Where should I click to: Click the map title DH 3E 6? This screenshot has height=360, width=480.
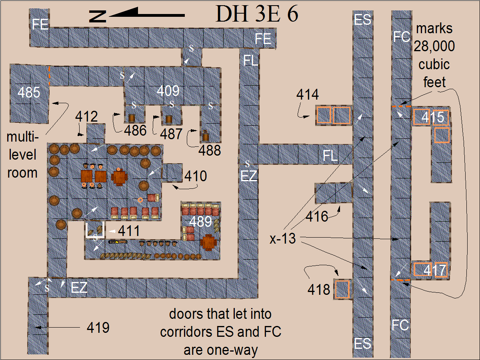(257, 15)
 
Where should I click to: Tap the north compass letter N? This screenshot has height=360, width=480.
(98, 16)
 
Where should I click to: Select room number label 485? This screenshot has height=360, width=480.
(29, 92)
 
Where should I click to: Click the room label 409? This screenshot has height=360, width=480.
(168, 91)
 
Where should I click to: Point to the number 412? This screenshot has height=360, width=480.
(86, 117)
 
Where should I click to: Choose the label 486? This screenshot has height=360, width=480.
(135, 130)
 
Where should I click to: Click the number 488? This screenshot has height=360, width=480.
(210, 150)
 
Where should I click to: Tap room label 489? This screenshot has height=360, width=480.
(200, 221)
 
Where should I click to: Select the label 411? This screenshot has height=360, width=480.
(129, 231)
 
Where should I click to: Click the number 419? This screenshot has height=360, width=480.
(98, 328)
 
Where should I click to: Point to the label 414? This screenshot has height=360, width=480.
(308, 95)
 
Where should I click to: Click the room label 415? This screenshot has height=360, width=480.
(433, 117)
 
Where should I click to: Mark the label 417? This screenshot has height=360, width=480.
(434, 271)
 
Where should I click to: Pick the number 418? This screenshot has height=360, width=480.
(319, 289)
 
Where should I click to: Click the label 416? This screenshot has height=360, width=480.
(317, 217)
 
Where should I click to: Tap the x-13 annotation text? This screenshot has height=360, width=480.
(282, 239)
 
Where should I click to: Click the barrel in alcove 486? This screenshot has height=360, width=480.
(131, 118)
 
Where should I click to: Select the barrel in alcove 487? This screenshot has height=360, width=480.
(169, 119)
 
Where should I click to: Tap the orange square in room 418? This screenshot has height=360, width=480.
(342, 289)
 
